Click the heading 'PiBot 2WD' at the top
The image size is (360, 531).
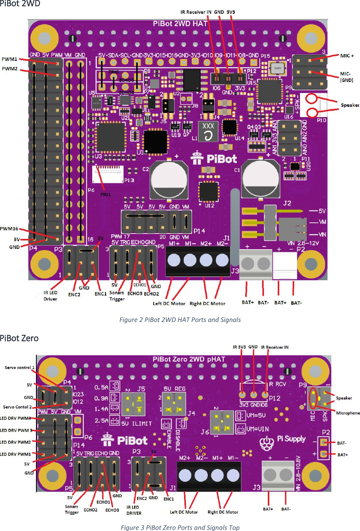click(x=20, y=4)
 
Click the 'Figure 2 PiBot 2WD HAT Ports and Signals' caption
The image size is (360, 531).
click(x=180, y=320)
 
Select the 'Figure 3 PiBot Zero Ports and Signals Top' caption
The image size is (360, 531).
click(x=180, y=527)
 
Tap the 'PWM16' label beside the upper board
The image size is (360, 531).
click(x=9, y=229)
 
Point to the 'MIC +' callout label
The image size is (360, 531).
click(x=347, y=56)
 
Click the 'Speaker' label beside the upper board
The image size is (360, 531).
click(x=350, y=105)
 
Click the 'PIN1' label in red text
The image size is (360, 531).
click(x=106, y=194)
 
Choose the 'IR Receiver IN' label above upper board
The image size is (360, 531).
click(x=195, y=12)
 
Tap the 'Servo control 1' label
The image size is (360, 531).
click(x=20, y=368)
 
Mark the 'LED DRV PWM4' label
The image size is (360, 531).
click(x=15, y=418)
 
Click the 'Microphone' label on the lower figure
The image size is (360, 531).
click(x=348, y=413)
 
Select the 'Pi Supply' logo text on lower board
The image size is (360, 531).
click(x=291, y=439)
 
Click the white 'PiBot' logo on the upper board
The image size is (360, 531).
click(x=221, y=159)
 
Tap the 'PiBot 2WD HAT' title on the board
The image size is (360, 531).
click(x=180, y=24)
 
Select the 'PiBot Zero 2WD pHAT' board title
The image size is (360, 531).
click(x=189, y=359)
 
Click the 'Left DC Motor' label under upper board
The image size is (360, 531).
click(x=169, y=304)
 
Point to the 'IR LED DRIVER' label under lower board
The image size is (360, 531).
click(x=134, y=510)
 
